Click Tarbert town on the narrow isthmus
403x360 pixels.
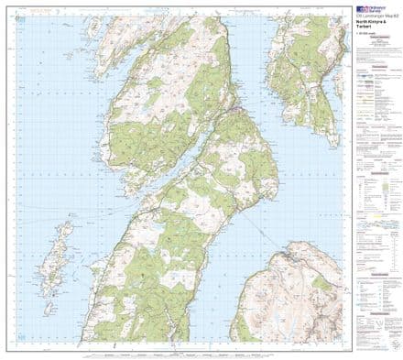point(235,109)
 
